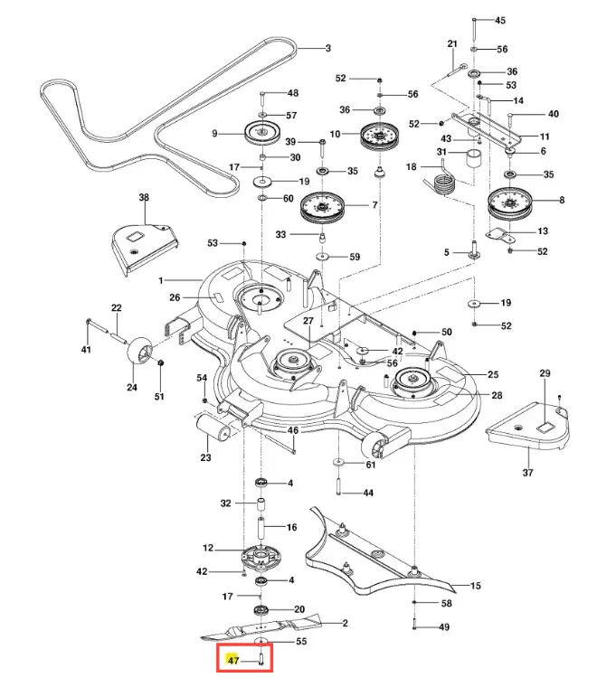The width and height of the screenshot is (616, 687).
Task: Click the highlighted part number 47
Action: [233, 660]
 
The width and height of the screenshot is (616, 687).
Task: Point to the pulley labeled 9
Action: [262, 132]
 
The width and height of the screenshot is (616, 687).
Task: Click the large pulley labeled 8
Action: [508, 205]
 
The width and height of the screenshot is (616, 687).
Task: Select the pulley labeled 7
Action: [322, 208]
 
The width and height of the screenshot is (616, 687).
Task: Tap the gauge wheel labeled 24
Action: [141, 350]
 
